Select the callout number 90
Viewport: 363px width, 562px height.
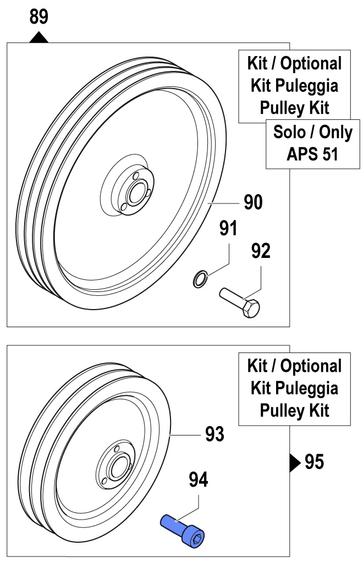(253, 202)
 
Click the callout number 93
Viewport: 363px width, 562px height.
(215, 434)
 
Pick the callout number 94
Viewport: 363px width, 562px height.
(199, 480)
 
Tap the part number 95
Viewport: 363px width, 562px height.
(314, 462)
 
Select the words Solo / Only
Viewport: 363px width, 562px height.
(312, 132)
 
